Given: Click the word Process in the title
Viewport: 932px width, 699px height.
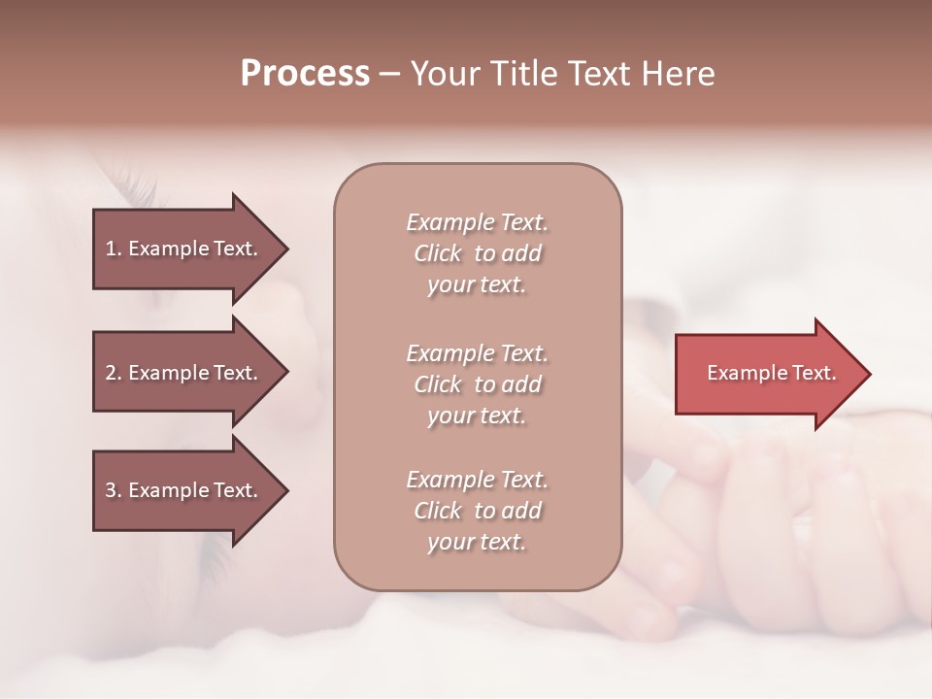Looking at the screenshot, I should point(305,74).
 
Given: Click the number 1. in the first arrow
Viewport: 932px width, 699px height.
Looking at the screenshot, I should point(113,249).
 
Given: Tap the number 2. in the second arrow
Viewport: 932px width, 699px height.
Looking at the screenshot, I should point(113,373).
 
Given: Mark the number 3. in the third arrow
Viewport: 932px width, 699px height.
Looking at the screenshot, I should point(113,490).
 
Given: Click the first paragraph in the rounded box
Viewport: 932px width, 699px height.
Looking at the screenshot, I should point(477,253).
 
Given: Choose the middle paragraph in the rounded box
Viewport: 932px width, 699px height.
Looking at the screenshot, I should point(477,384).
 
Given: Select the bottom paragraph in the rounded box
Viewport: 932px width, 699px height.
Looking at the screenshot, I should point(477,511).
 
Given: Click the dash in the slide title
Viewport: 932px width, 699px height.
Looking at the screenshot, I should point(389,75).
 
